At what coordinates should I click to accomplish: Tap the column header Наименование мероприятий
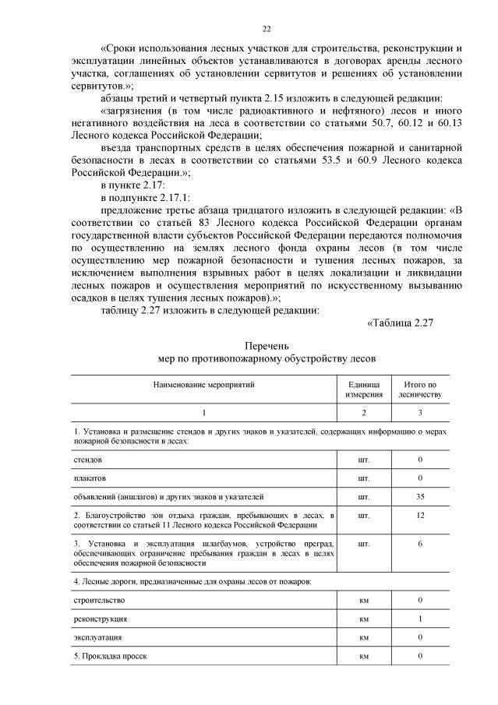tap(203, 385)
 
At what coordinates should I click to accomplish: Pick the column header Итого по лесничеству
tap(420, 390)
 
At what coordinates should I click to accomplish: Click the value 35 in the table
tap(420, 495)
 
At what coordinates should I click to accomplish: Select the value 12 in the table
tap(420, 515)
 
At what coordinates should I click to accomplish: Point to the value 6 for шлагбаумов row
tap(420, 543)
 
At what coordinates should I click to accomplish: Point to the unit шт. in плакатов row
tap(364, 478)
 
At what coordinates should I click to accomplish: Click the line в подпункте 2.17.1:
tap(145, 198)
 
